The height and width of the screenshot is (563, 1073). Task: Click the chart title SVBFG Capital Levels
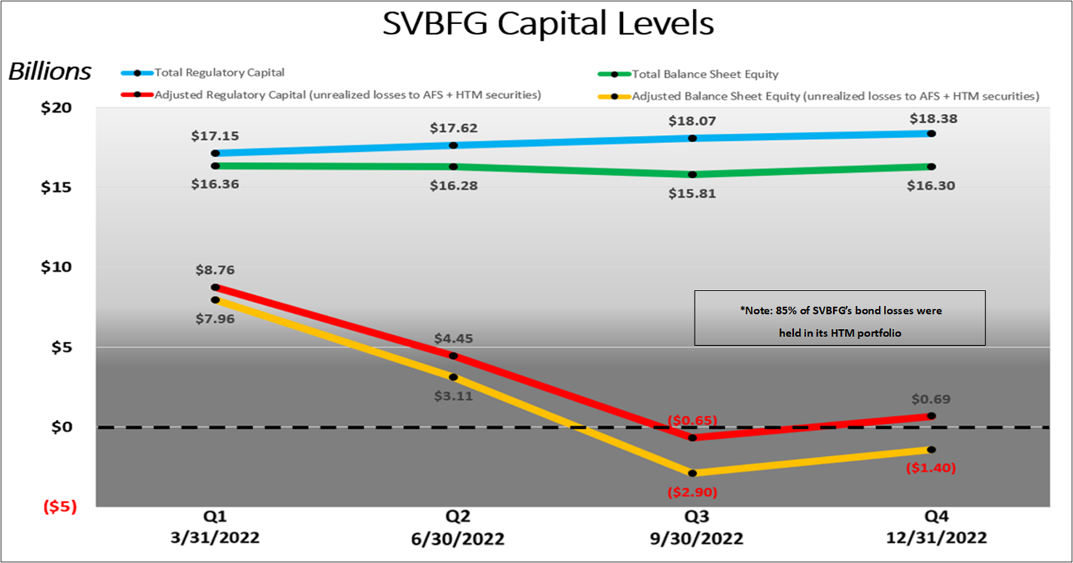point(548,25)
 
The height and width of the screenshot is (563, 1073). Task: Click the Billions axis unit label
point(49,72)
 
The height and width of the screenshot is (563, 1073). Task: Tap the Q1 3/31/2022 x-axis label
point(215,528)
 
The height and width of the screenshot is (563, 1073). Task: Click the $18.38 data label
point(931,118)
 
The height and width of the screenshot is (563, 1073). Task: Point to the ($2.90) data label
point(692,493)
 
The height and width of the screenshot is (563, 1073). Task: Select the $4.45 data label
point(454,339)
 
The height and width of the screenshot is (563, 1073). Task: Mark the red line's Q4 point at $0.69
point(931,416)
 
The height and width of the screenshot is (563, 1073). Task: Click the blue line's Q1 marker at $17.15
point(215,153)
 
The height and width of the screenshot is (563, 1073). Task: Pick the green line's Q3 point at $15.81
point(692,174)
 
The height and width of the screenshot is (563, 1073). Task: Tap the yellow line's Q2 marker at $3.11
point(454,377)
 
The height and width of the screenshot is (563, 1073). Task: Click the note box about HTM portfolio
point(840,318)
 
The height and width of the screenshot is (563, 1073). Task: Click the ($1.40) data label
point(931,469)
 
